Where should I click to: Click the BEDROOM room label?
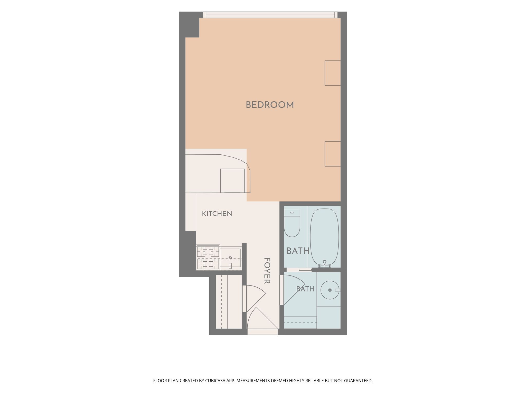point(270,105)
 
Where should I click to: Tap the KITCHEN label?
point(217,214)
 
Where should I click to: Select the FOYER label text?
point(267,271)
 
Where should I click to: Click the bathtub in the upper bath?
point(324,237)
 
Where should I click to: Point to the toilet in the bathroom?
point(292,223)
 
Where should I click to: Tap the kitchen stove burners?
point(208,258)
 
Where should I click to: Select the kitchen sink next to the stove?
point(231,258)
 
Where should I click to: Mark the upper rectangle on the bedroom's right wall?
point(333,73)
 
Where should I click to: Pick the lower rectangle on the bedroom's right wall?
point(333,154)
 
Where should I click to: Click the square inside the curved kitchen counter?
point(232,181)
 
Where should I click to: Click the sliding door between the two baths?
point(299,270)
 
